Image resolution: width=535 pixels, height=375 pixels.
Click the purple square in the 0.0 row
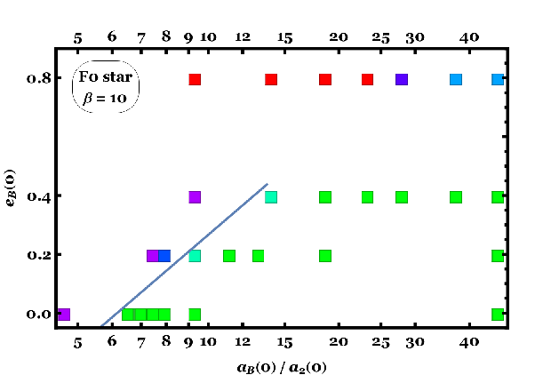tap(63, 315)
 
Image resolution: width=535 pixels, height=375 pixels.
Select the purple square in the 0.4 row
tap(195, 197)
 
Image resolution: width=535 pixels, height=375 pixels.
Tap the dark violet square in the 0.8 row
tap(402, 79)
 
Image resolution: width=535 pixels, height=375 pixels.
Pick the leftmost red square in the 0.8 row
tap(195, 79)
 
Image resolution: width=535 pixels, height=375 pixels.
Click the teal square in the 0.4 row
tap(271, 197)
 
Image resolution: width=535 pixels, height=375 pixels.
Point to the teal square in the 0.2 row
tap(195, 256)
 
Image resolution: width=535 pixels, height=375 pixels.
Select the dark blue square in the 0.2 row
tap(164, 256)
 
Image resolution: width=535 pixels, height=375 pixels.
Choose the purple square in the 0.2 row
tap(153, 256)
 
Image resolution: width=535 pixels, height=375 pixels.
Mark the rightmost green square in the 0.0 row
tap(498, 315)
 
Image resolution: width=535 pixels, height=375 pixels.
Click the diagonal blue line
tap(184, 255)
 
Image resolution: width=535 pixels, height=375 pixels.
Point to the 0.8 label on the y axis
tap(39, 79)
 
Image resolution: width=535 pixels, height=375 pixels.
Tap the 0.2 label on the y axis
tap(39, 255)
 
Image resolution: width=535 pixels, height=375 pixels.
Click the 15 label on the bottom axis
tap(285, 342)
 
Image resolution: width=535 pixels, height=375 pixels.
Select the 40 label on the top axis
tap(469, 37)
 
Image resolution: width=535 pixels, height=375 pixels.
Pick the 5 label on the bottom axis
tap(78, 343)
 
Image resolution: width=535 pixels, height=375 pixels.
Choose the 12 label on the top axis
tap(243, 36)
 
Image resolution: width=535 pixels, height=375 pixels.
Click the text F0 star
tap(106, 76)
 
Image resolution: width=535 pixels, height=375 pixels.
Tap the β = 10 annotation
tap(105, 99)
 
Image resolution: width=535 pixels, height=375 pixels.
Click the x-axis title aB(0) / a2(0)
tap(282, 368)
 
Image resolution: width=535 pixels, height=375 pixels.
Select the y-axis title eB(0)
tap(11, 188)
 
